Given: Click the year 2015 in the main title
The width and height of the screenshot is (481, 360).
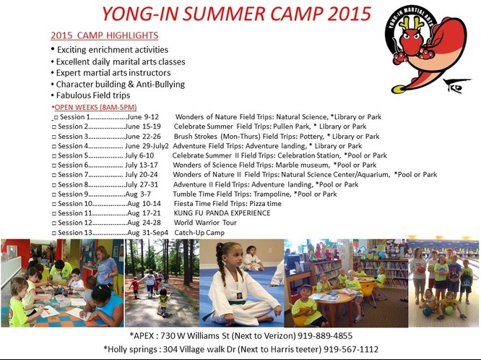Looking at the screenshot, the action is coord(350,14).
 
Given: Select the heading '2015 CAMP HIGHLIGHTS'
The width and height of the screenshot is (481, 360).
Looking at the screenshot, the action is coord(104,35).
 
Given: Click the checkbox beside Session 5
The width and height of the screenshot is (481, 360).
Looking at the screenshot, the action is coord(54,156).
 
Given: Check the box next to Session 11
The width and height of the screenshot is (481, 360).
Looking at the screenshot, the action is coord(54,214).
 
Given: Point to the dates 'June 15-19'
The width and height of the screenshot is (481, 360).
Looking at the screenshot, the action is coord(143,127).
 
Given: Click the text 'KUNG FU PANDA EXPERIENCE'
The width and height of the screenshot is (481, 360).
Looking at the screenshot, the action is coord(222,213).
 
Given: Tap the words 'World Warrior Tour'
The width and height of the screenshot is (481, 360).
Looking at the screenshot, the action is coord(205,223).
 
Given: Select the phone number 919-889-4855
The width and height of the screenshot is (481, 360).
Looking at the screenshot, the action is coord(325,335).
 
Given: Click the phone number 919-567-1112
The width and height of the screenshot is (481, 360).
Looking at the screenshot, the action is coord(351,349).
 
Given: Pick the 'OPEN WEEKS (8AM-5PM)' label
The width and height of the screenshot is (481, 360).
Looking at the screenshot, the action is coord(96,107).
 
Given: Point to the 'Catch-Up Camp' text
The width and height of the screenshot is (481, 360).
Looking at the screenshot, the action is coord(199,233).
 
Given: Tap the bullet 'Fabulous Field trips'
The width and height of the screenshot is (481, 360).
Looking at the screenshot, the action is coord(93,95).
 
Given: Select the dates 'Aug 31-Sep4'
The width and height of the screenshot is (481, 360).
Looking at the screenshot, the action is coord(148,233).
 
